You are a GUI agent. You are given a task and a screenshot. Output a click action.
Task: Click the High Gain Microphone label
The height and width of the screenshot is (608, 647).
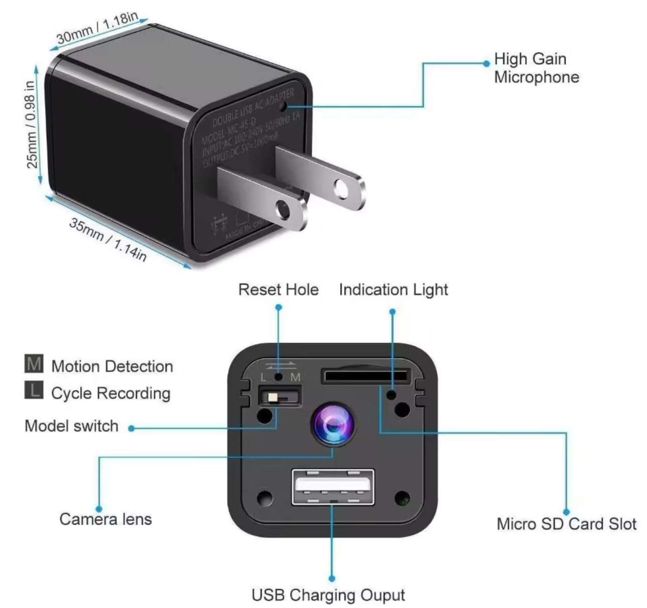click(536, 68)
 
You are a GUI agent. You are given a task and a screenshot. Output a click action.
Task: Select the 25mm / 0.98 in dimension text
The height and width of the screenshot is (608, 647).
click(31, 124)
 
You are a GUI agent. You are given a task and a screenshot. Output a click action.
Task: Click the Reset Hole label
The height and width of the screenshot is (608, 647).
click(278, 290)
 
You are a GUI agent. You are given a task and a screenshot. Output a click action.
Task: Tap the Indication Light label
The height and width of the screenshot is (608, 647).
click(393, 290)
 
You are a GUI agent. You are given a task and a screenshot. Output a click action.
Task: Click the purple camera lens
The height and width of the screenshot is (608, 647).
click(333, 425)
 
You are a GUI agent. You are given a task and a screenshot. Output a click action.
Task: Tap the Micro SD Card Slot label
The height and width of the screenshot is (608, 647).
click(566, 524)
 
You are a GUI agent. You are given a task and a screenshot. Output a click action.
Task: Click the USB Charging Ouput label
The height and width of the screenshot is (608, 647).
click(329, 595)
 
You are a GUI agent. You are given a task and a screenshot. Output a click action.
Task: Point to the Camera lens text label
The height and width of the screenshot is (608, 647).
click(105, 519)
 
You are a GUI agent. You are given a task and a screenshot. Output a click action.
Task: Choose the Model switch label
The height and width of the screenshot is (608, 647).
click(72, 426)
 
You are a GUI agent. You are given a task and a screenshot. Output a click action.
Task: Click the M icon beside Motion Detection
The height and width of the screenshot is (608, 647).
click(34, 364)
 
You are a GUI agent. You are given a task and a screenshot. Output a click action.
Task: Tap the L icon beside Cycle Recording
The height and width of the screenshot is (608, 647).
click(34, 390)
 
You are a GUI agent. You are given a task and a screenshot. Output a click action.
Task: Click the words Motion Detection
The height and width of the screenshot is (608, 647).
click(112, 366)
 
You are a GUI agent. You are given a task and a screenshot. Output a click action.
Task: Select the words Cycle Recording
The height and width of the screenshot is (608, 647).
click(111, 393)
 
